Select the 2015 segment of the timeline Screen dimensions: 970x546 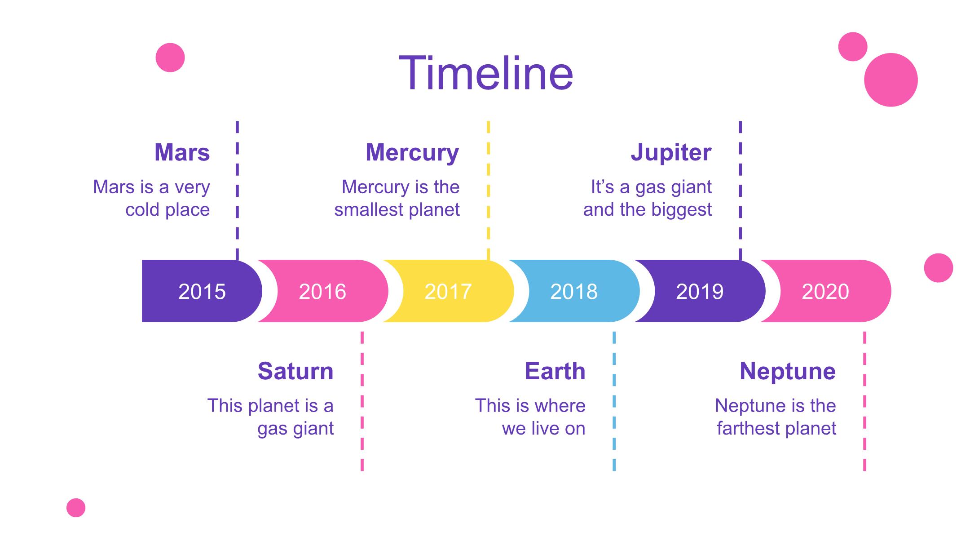pyautogui.click(x=202, y=291)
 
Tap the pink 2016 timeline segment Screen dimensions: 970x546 pyautogui.click(x=322, y=291)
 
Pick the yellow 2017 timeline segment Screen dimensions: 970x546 pyautogui.click(x=448, y=291)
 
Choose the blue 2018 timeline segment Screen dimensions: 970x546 pyautogui.click(x=574, y=291)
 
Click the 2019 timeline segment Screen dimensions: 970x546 pyautogui.click(x=700, y=291)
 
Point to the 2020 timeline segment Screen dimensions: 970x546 pyautogui.click(x=825, y=291)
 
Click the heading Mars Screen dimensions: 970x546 pyautogui.click(x=182, y=152)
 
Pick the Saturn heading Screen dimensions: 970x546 pyautogui.click(x=295, y=371)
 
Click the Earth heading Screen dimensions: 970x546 pyautogui.click(x=555, y=371)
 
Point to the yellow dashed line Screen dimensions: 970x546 pyautogui.click(x=489, y=191)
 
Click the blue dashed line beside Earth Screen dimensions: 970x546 pyautogui.click(x=614, y=401)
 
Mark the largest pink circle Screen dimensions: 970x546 pyautogui.click(x=891, y=80)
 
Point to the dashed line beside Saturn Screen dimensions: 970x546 pyautogui.click(x=362, y=401)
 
